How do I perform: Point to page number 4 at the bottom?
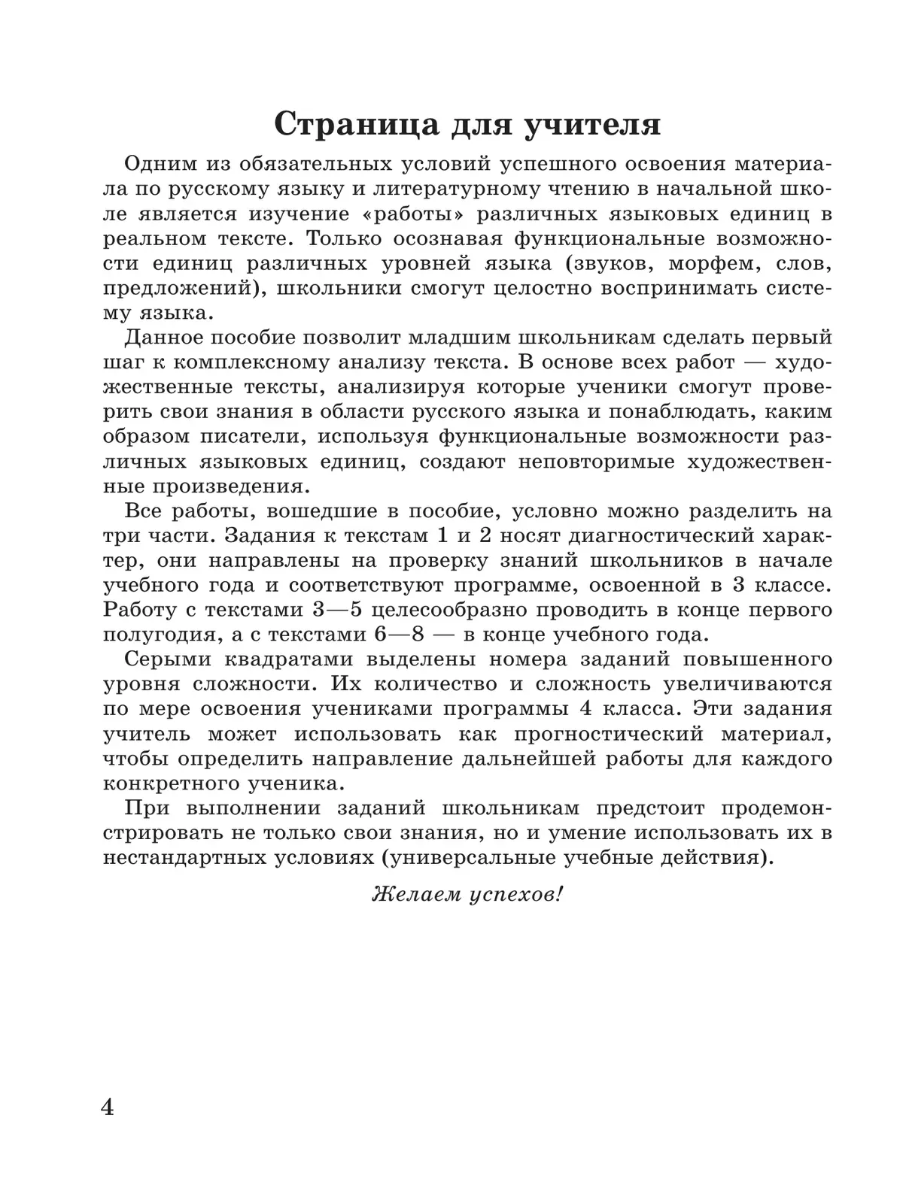point(108,1106)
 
